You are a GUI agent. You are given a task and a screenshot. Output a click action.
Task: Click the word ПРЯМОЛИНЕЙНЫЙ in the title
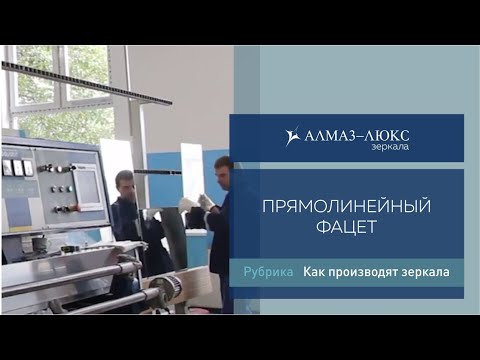pyautogui.click(x=345, y=207)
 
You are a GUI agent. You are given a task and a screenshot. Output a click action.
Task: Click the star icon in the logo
pyautogui.click(x=292, y=136)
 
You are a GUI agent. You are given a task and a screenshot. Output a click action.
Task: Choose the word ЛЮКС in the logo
pyautogui.click(x=387, y=135)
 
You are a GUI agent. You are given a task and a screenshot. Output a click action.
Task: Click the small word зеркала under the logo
pyautogui.click(x=391, y=148)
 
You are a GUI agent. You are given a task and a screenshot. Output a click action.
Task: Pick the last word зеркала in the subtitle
pyautogui.click(x=424, y=271)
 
